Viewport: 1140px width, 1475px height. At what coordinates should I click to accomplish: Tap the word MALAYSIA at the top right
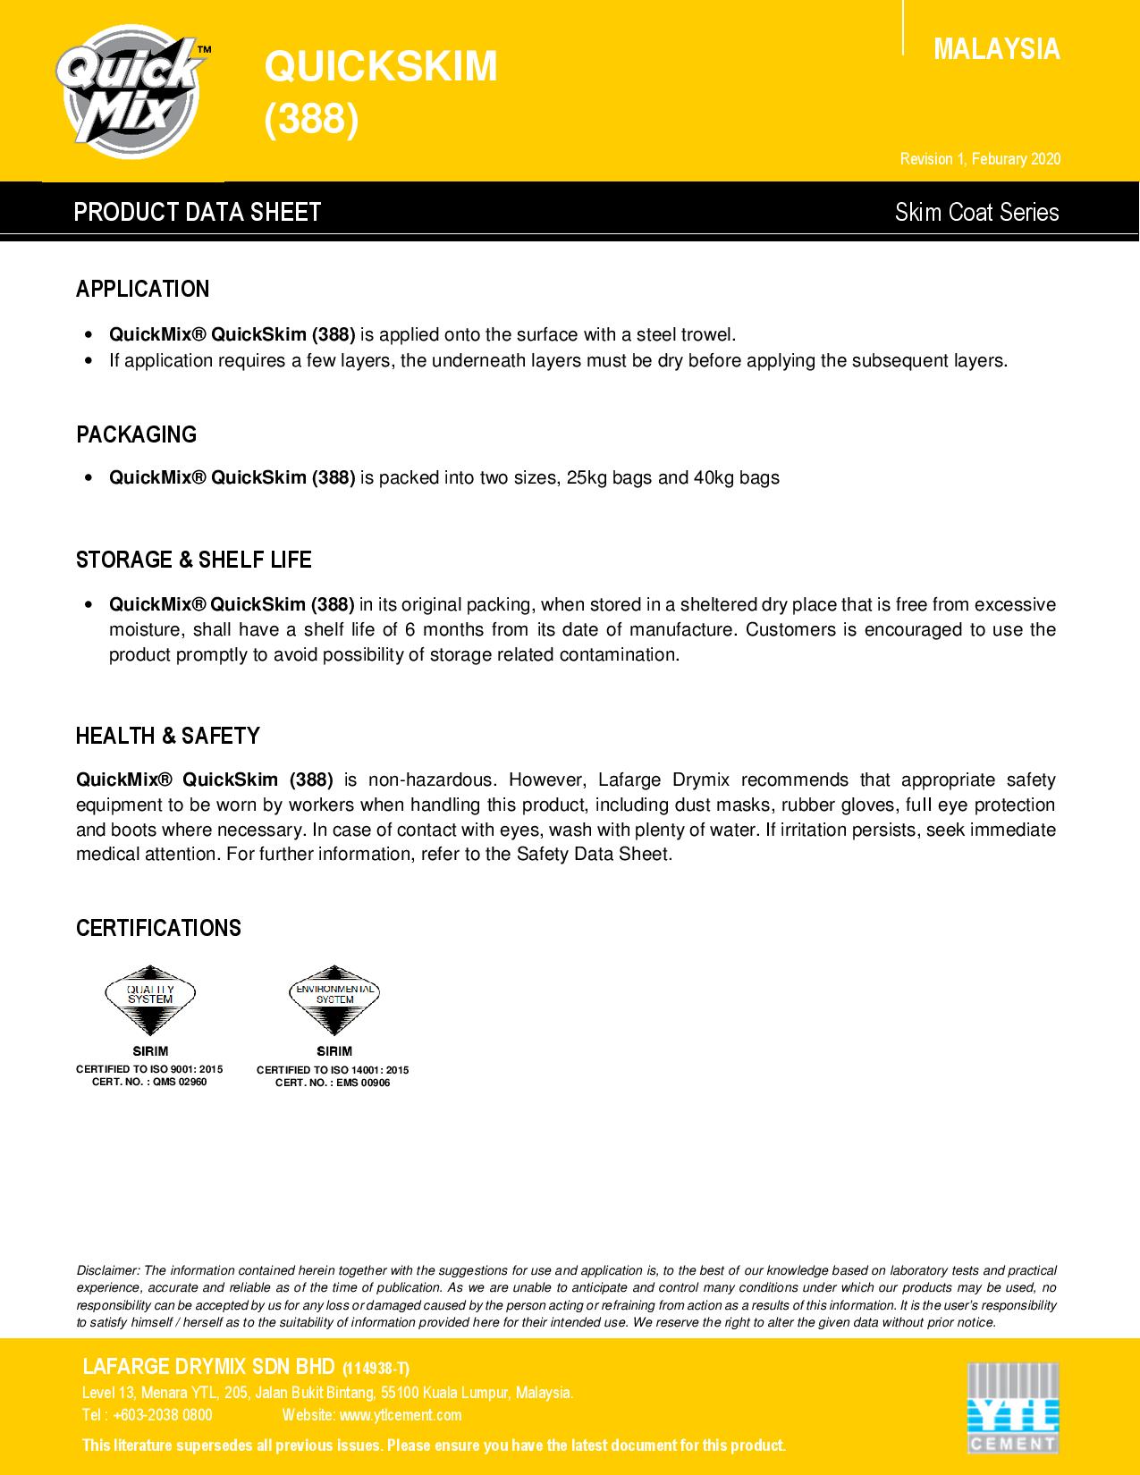[x=996, y=49]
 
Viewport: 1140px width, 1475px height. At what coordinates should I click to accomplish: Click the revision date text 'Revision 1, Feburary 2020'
[x=980, y=159]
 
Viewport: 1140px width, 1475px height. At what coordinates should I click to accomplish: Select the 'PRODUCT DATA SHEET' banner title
[x=198, y=212]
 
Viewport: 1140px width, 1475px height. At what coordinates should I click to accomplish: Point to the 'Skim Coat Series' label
[x=976, y=213]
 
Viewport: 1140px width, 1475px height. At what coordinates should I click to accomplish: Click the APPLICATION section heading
[x=143, y=289]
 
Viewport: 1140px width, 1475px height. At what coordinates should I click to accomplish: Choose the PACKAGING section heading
[x=137, y=434]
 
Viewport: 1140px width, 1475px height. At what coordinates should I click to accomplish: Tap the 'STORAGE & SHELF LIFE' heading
[x=194, y=560]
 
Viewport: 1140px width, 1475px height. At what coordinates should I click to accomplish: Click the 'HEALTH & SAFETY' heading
[x=168, y=736]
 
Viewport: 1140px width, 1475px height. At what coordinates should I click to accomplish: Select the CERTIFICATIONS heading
[x=159, y=928]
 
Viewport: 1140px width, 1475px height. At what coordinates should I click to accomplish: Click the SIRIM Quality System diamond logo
[x=150, y=1000]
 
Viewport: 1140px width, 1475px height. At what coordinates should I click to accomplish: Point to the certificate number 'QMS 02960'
[x=180, y=1082]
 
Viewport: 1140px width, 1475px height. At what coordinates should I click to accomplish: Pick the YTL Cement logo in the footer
[x=1013, y=1406]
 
